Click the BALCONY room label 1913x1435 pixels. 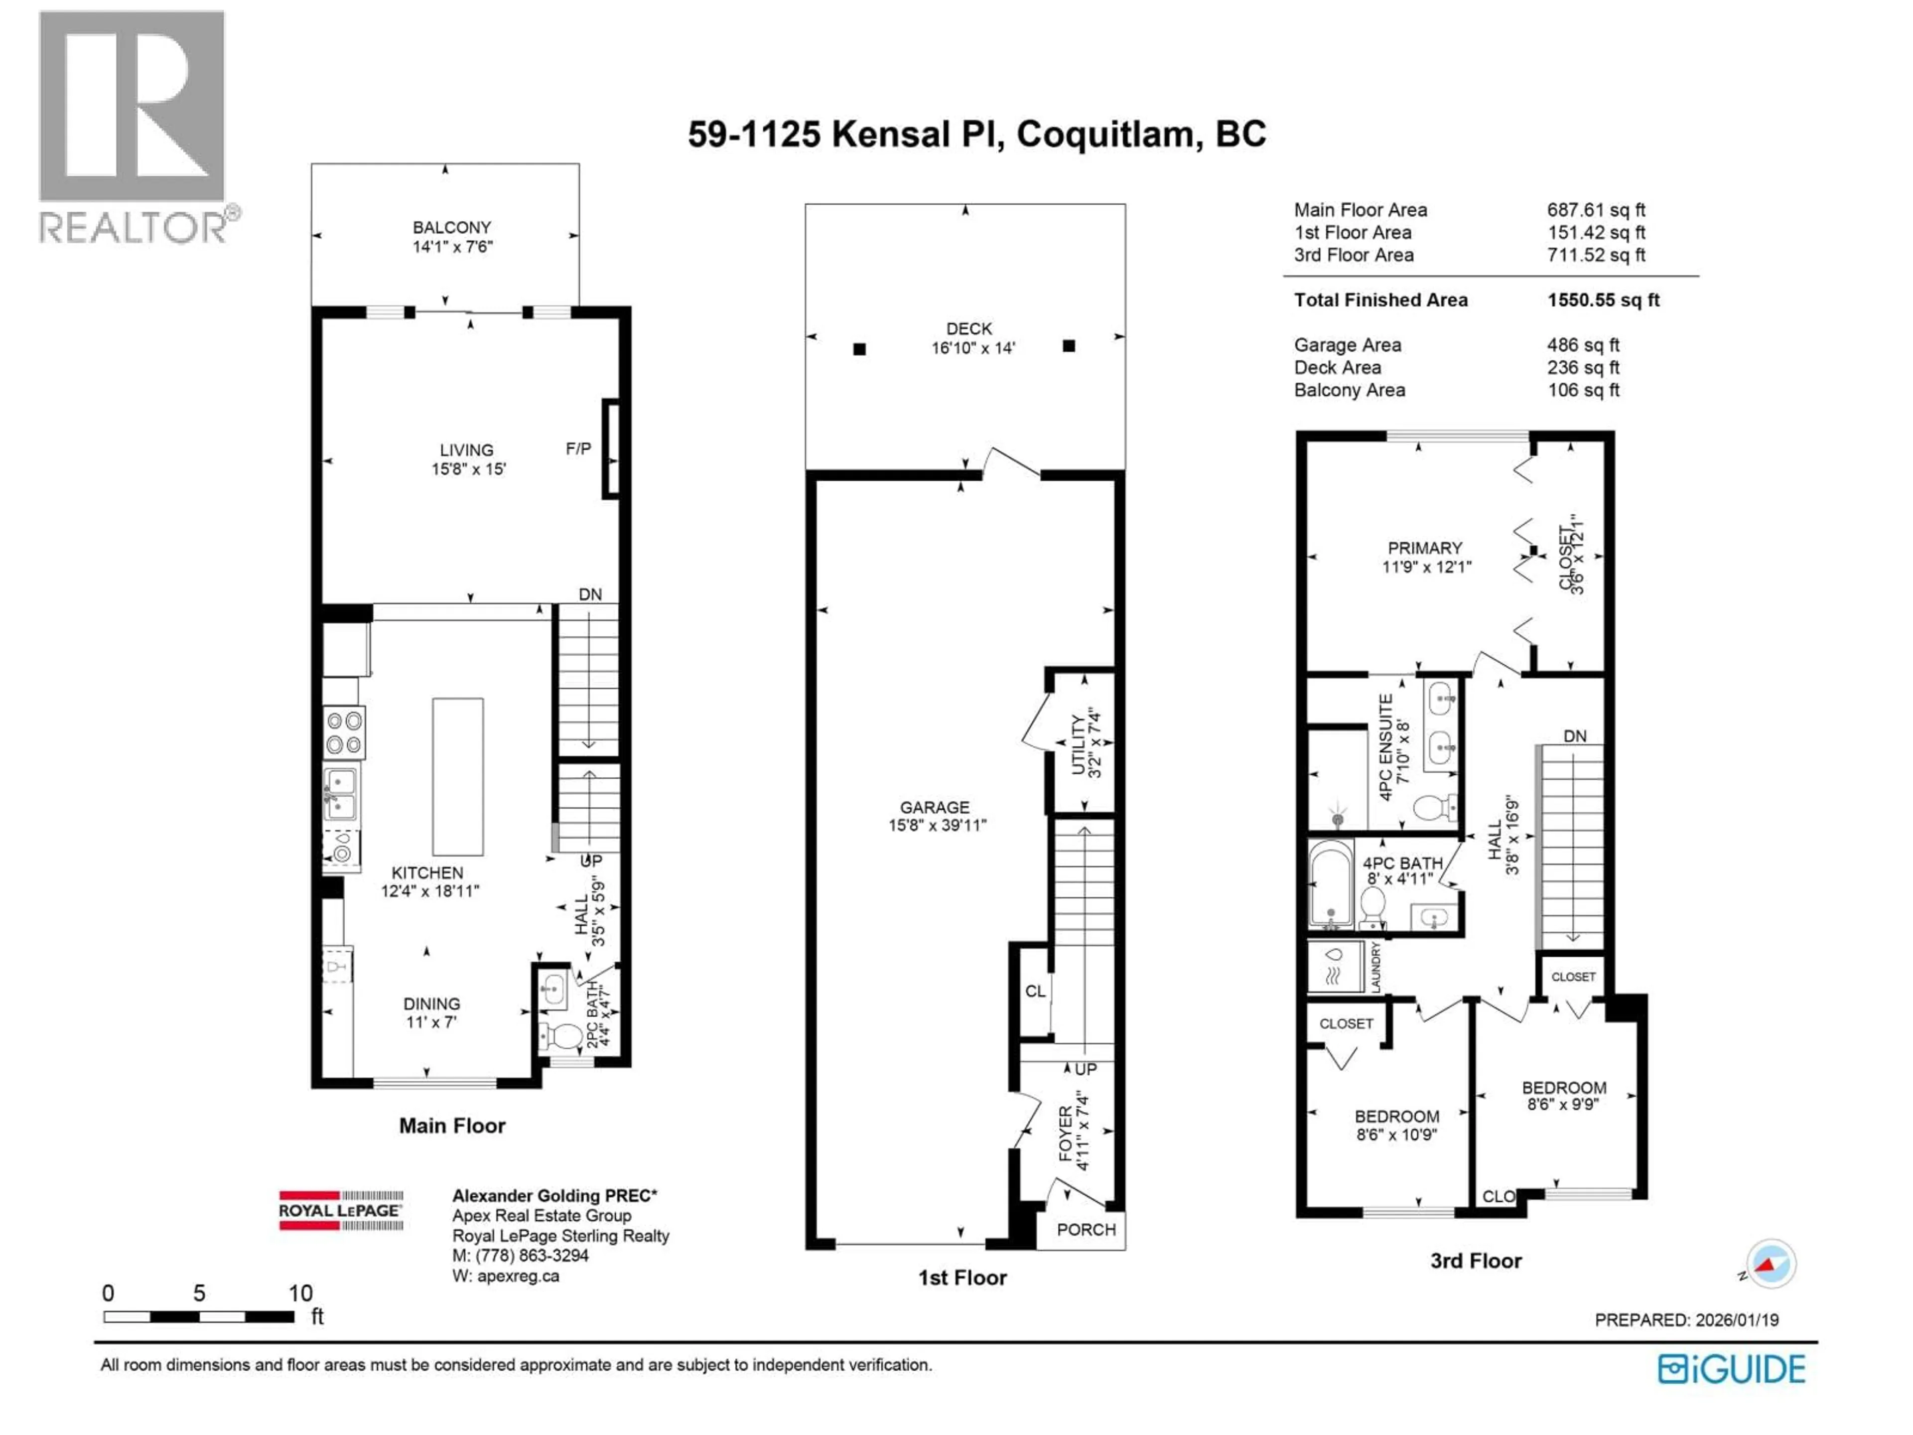tap(451, 228)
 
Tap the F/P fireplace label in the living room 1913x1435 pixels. tap(578, 449)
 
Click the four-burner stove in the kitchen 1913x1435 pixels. tap(344, 732)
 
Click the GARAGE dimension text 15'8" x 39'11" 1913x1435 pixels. tap(937, 825)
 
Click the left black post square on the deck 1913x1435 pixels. tap(859, 349)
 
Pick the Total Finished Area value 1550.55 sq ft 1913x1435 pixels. tap(1603, 300)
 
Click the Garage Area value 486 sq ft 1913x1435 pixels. tap(1583, 345)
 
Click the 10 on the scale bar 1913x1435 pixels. tap(300, 1293)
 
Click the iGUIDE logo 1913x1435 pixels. tap(1731, 1369)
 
